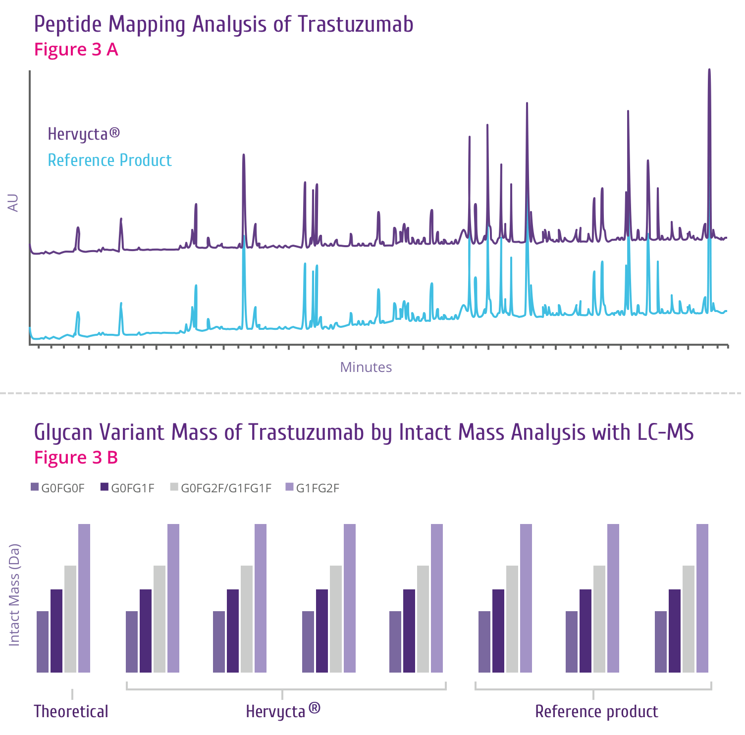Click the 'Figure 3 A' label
76,50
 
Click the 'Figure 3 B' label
76,458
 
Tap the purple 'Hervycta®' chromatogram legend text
84,134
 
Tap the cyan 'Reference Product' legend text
109,160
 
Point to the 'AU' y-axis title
13,203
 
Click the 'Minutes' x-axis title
366,367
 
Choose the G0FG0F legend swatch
35,487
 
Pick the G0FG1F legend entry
127,488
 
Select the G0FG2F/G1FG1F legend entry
220,488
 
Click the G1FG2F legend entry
313,488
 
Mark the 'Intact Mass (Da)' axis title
14,595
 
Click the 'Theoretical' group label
71,712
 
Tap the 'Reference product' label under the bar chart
596,712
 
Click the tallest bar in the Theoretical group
84,598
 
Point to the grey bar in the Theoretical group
70,619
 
